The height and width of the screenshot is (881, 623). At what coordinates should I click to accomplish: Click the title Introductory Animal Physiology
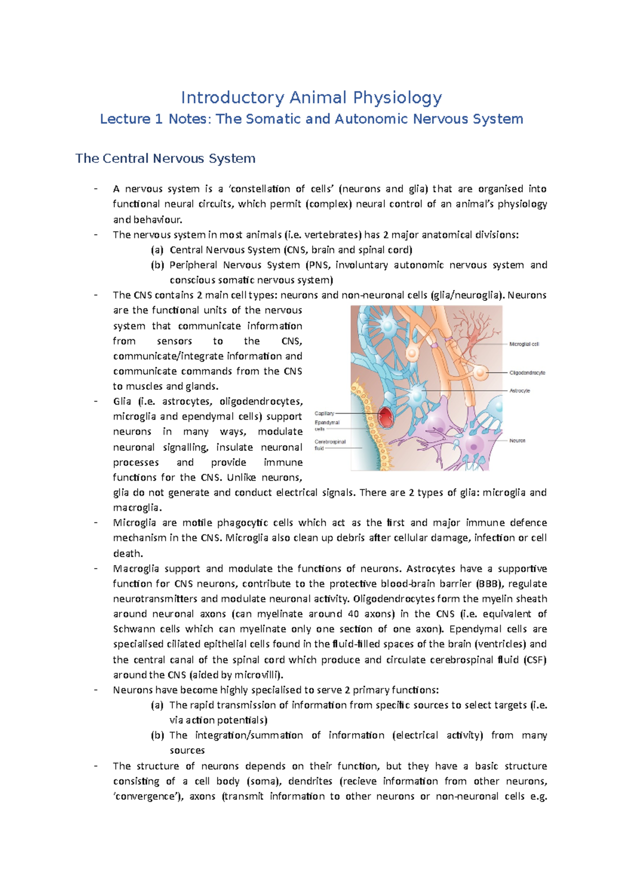pos(311,97)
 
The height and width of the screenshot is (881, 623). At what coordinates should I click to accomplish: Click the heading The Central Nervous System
pos(165,158)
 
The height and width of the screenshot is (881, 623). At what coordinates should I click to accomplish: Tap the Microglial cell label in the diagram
pos(524,344)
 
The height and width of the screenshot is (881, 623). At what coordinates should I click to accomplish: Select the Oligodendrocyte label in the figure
pos(527,373)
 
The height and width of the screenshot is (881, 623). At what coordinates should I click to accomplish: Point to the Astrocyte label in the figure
pos(520,391)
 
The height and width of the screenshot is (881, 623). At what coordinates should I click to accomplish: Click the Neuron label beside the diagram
pos(517,440)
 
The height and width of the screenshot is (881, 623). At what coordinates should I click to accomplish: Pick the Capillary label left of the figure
pos(324,414)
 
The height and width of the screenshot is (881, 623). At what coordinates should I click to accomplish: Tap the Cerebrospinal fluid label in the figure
pos(330,445)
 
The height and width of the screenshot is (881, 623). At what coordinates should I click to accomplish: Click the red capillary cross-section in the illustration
pos(386,417)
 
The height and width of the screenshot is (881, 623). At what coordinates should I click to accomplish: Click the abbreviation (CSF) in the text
pos(535,659)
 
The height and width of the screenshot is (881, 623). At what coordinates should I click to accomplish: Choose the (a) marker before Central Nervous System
pos(157,250)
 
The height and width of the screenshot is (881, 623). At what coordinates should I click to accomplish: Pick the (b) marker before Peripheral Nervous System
pos(157,265)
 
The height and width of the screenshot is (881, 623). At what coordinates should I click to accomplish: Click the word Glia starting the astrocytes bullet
pos(122,401)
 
